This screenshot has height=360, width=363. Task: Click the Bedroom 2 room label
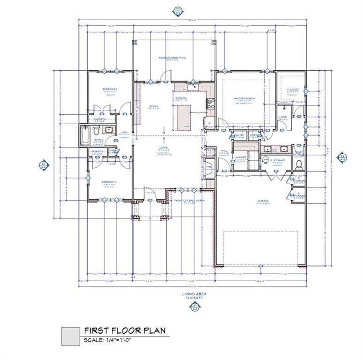click(x=109, y=89)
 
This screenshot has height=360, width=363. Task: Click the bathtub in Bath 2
click(x=85, y=135)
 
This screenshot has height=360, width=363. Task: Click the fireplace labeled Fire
click(x=209, y=168)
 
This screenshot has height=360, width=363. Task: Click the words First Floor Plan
click(x=125, y=330)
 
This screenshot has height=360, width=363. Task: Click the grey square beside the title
click(x=71, y=336)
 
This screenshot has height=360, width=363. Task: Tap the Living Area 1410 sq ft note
click(x=194, y=295)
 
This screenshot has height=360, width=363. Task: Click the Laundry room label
click(x=240, y=157)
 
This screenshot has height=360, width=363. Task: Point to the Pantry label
click(x=239, y=135)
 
